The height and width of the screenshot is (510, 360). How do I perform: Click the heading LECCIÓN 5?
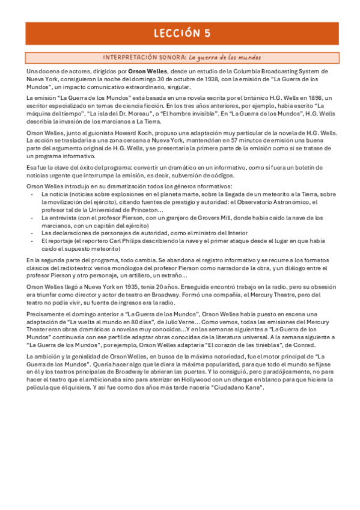click(x=180, y=33)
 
